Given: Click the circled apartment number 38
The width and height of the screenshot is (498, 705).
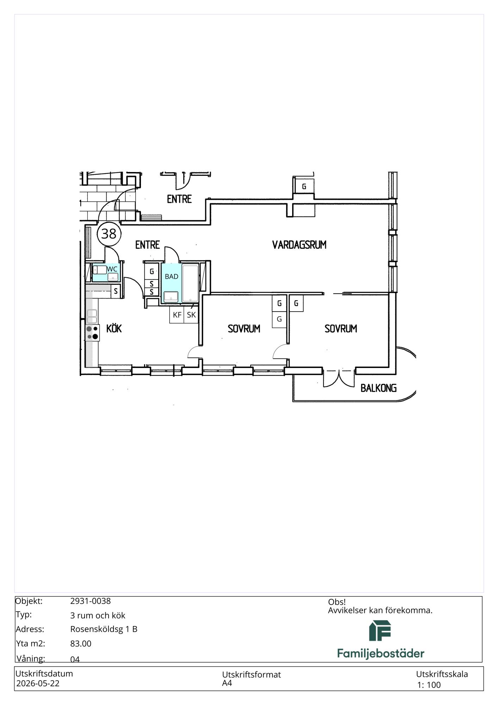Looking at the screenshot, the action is pyautogui.click(x=109, y=234).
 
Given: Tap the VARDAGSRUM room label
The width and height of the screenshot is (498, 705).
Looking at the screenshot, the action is pyautogui.click(x=299, y=245).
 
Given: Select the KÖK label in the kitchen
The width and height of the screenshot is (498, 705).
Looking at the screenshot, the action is pyautogui.click(x=114, y=328).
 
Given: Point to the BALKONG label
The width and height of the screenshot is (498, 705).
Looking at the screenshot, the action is pyautogui.click(x=379, y=388).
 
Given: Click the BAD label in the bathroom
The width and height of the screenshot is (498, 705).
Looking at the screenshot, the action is pyautogui.click(x=172, y=277).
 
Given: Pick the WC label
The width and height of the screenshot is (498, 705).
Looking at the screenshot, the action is pyautogui.click(x=112, y=269).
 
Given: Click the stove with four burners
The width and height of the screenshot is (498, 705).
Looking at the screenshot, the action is pyautogui.click(x=92, y=333).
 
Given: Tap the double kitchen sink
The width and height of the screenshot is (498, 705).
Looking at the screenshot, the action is pyautogui.click(x=92, y=316).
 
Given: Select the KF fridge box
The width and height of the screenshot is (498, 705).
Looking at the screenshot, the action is pyautogui.click(x=177, y=315).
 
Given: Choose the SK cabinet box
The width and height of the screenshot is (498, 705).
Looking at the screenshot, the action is pyautogui.click(x=191, y=315).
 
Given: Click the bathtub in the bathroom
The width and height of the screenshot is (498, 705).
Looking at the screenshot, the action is pyautogui.click(x=190, y=283).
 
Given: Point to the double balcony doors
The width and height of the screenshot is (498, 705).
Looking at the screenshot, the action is pyautogui.click(x=339, y=379).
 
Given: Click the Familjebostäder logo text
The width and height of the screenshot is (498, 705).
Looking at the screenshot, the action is pyautogui.click(x=381, y=654).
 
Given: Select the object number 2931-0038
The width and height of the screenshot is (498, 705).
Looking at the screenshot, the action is pyautogui.click(x=91, y=601).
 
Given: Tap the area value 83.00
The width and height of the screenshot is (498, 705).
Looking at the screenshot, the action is pyautogui.click(x=81, y=644).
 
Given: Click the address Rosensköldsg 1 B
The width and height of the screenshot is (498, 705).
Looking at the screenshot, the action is pyautogui.click(x=104, y=629).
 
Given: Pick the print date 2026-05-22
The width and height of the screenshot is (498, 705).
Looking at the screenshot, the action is pyautogui.click(x=38, y=683).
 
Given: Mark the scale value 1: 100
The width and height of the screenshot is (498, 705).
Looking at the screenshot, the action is pyautogui.click(x=429, y=685).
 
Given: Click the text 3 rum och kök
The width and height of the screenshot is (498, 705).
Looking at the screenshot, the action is pyautogui.click(x=98, y=615).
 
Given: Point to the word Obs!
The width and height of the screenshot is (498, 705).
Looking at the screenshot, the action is pyautogui.click(x=337, y=602).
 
